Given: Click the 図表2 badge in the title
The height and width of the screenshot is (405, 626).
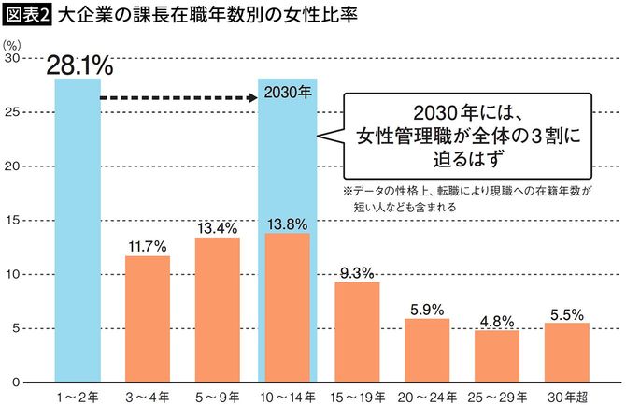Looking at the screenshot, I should [x=24, y=16].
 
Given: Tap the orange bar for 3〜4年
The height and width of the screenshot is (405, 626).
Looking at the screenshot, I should [x=148, y=318].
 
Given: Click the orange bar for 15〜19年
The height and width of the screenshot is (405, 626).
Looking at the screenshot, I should [x=357, y=331].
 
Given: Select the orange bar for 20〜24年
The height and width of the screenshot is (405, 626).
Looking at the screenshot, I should [x=427, y=350].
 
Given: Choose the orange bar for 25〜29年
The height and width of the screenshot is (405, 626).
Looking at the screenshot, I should [x=497, y=355].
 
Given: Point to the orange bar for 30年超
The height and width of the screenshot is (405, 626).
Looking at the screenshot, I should [x=566, y=352].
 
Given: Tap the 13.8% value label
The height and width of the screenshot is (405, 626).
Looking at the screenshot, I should [x=287, y=224].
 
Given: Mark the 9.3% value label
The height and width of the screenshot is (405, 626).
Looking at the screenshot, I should [x=357, y=273].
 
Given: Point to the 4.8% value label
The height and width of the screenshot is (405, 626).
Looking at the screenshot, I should [x=497, y=322].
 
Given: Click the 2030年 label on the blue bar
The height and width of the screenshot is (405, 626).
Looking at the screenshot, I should [x=288, y=94].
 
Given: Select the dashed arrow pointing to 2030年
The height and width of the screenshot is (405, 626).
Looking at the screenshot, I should [x=178, y=96].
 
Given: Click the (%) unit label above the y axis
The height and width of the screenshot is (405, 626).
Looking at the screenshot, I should [x=12, y=43].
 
